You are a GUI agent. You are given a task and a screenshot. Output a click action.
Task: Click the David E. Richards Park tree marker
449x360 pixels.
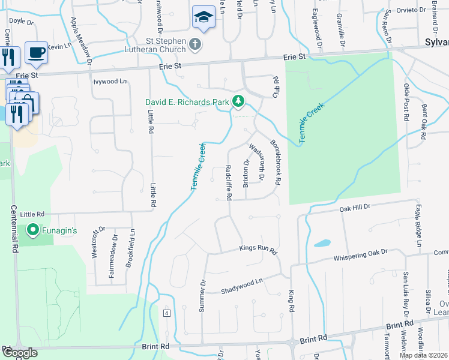pyautogui.click(x=238, y=101)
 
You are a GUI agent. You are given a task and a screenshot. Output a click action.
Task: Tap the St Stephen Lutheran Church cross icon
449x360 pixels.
pyautogui.click(x=194, y=44)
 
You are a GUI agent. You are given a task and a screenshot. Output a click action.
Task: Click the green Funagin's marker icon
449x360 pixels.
pyautogui.click(x=34, y=230)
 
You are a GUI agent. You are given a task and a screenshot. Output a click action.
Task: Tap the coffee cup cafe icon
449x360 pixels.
pyautogui.click(x=36, y=53)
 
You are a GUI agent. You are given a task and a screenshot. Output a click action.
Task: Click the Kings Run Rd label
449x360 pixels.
pyautogui.click(x=258, y=248)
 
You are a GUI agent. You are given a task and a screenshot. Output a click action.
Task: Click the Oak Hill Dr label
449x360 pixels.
pyautogui.click(x=356, y=208)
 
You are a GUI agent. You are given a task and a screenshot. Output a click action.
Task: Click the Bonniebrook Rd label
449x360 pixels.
pyautogui.click(x=276, y=162)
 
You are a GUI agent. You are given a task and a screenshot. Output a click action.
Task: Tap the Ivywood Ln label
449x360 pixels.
pyautogui.click(x=110, y=81)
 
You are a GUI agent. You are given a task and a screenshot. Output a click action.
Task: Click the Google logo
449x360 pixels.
pyautogui.click(x=20, y=353)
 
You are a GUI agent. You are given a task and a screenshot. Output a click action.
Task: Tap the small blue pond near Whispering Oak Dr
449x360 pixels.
pyautogui.click(x=322, y=244)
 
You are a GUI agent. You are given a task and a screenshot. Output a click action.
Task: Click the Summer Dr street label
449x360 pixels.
pyautogui.click(x=202, y=295)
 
